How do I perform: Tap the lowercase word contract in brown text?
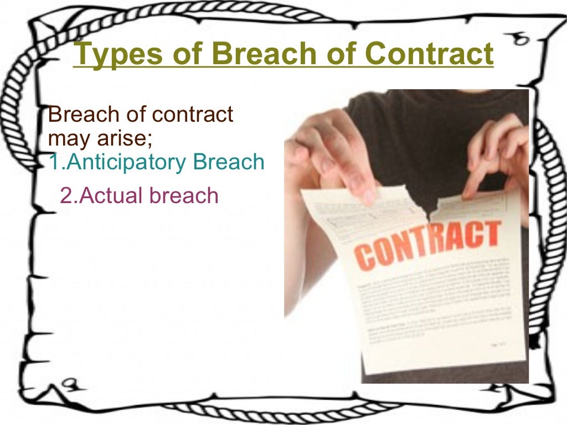192,115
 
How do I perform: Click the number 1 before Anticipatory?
53,162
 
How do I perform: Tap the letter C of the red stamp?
365,257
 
